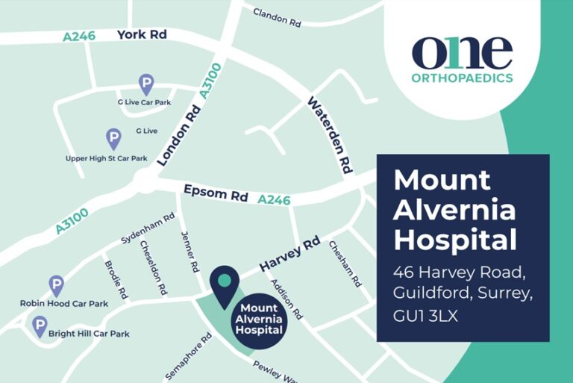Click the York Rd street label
click(x=142, y=34)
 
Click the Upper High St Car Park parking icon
click(x=113, y=138)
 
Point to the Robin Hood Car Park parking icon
click(x=57, y=284)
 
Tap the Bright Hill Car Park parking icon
click(x=39, y=325)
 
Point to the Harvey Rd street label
click(x=289, y=255)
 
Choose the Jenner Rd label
click(x=190, y=251)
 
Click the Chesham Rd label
click(x=345, y=267)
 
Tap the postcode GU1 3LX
click(x=425, y=316)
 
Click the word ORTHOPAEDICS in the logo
click(x=462, y=78)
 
